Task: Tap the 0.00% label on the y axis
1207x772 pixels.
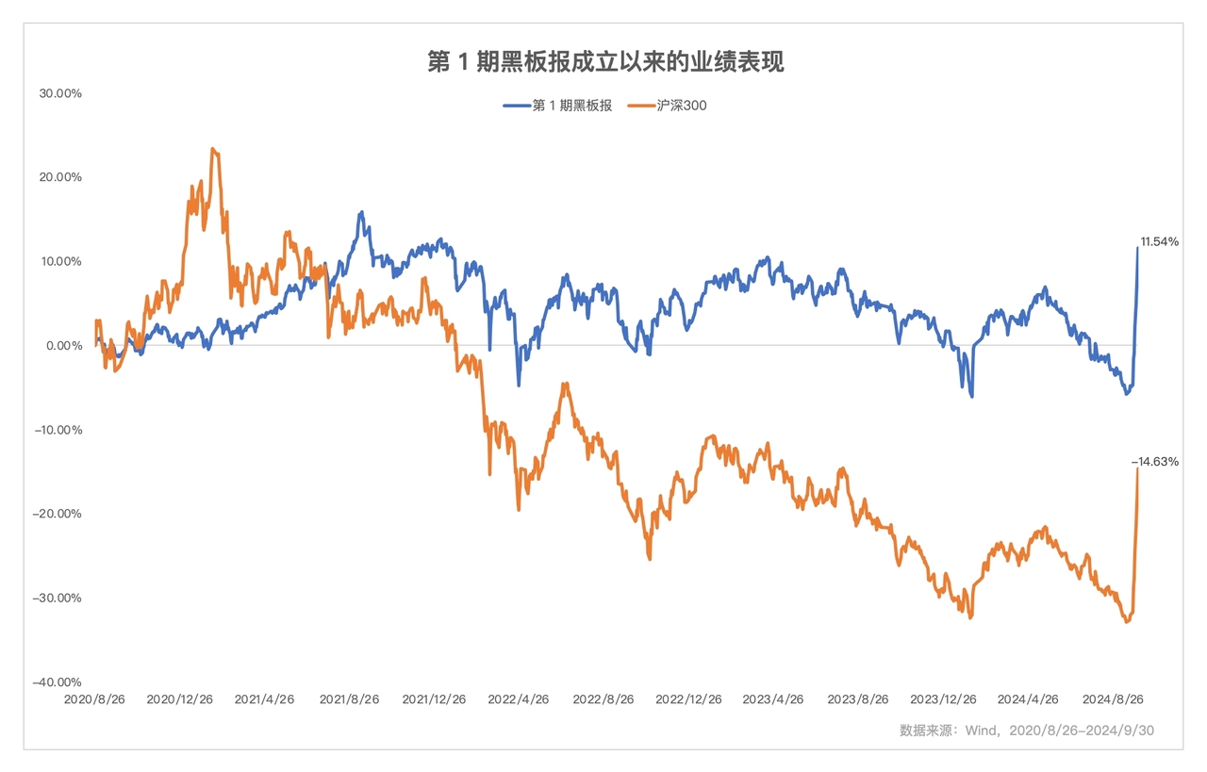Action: [64, 346]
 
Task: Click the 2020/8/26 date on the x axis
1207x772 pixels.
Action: [94, 700]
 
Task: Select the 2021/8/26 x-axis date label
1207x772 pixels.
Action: [349, 700]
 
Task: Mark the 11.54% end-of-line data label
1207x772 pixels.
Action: [1159, 242]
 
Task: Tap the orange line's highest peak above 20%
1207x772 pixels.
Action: [213, 149]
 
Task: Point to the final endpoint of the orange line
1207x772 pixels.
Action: [1137, 468]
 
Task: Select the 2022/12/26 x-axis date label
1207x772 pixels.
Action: [688, 700]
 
